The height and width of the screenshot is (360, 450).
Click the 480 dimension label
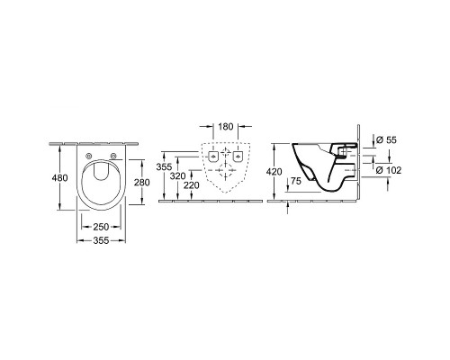60,178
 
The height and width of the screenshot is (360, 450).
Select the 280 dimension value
141,182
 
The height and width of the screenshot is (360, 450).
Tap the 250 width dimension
101,227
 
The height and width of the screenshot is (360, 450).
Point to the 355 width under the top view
101,240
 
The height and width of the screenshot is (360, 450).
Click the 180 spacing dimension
225,127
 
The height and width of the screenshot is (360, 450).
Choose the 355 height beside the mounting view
164,167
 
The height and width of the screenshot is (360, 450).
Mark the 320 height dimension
177,176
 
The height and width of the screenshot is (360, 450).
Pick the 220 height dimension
192,185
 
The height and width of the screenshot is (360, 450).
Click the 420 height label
274,172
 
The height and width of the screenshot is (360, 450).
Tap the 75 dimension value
295,181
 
